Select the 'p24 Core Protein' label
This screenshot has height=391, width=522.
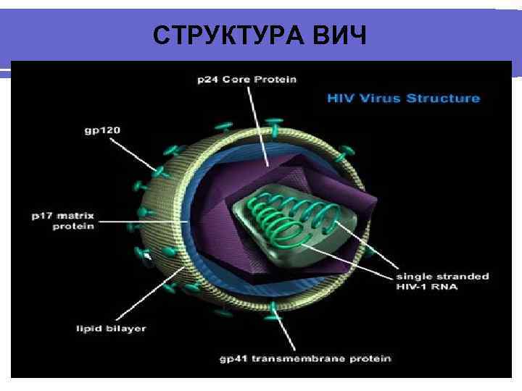coord(246,79)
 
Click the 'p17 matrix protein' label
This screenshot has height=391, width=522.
coord(72,221)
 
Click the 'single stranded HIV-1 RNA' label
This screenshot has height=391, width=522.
coord(442,282)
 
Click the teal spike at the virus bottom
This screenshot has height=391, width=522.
coord(274,309)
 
